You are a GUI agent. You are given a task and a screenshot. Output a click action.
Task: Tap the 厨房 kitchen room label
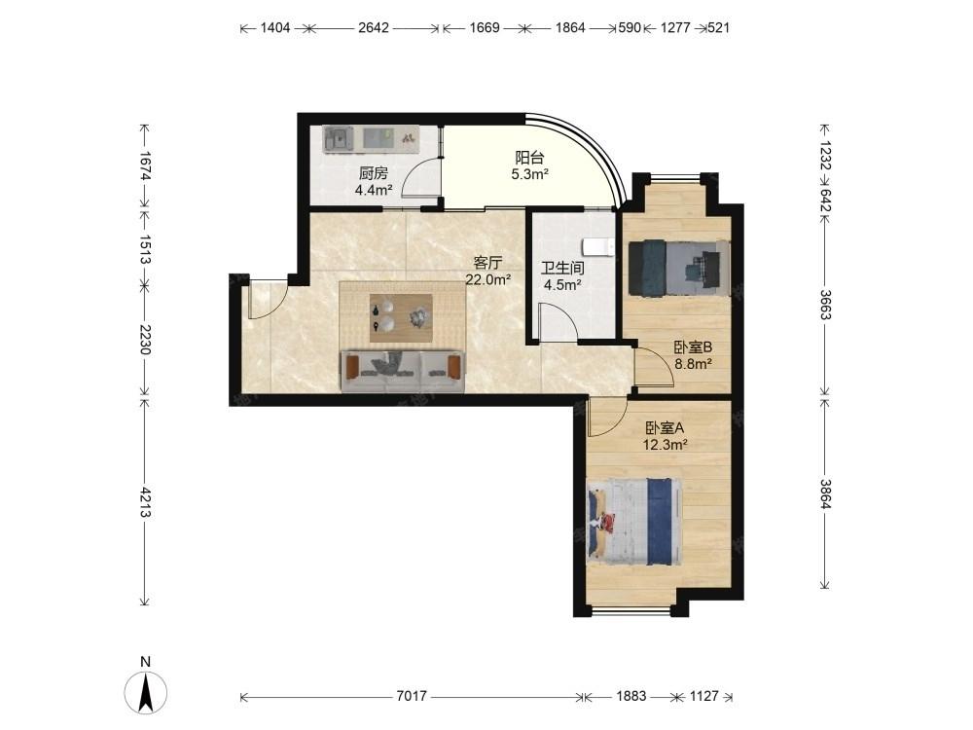point(374,173)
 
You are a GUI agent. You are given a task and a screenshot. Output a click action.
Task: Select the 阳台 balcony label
point(529,158)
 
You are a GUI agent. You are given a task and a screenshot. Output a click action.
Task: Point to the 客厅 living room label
point(487,263)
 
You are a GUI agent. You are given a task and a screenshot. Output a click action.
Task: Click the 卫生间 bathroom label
point(562,269)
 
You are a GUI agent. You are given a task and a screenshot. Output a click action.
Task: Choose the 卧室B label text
point(693,347)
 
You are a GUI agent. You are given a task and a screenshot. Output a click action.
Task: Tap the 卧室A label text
point(665,427)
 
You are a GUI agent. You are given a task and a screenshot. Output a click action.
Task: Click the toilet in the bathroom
point(598,247)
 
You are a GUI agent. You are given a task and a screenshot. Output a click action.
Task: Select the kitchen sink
point(338,138)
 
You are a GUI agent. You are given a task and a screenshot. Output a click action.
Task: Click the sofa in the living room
point(402,371)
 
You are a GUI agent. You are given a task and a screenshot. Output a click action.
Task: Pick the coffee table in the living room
point(401,318)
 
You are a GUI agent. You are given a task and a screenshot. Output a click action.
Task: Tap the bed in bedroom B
point(678,268)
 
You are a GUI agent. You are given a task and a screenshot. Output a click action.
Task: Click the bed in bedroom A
point(633,522)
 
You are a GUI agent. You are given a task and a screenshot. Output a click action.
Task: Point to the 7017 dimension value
point(412,697)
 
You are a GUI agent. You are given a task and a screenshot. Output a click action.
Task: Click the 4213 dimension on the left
point(145,502)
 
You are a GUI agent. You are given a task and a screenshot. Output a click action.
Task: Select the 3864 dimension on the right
point(825,494)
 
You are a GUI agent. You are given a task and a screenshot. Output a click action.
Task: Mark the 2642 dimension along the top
point(374,28)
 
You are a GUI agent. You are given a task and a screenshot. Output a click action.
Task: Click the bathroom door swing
point(559,322)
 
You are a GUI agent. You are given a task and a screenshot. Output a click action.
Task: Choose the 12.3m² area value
point(665,445)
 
